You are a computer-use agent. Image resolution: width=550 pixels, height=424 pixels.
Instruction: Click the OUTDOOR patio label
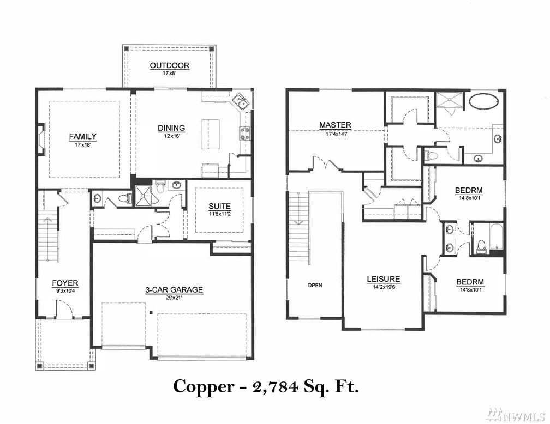click(x=169, y=65)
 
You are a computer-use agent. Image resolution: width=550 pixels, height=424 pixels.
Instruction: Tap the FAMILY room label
click(x=82, y=136)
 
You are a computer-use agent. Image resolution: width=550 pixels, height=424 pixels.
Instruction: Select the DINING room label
click(x=171, y=128)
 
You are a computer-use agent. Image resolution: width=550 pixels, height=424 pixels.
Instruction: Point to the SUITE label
click(x=219, y=207)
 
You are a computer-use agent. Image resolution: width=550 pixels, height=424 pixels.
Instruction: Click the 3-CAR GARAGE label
click(x=174, y=290)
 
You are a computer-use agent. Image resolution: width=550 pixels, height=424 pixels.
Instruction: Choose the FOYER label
click(x=65, y=283)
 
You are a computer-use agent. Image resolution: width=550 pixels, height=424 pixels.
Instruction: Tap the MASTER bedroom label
click(x=335, y=125)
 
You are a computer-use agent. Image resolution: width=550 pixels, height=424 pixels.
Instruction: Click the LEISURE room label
click(x=384, y=279)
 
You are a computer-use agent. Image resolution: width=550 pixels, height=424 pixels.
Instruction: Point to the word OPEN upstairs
click(x=315, y=285)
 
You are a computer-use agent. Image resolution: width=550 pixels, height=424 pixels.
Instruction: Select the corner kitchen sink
click(x=241, y=101)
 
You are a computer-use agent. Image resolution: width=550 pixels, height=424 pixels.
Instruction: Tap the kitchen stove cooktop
click(x=244, y=133)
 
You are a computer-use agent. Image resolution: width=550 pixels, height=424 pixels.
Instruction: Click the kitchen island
click(x=211, y=134)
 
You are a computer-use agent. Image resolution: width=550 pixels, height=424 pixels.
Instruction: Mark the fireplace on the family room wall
click(x=41, y=139)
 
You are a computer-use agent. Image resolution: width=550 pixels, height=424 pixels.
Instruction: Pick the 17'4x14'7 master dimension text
click(x=336, y=134)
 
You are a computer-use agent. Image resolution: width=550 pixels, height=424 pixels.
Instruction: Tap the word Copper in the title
click(x=204, y=387)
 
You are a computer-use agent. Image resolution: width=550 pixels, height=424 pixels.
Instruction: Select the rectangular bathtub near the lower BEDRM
click(x=497, y=237)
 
